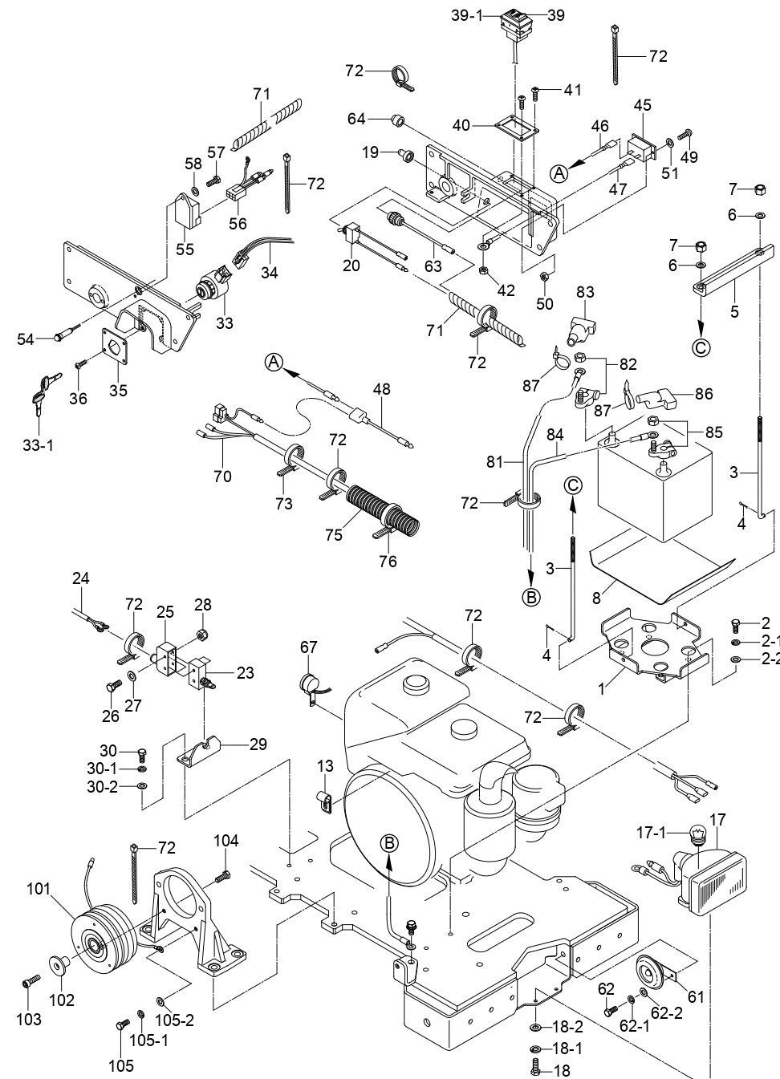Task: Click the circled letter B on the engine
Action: point(389,842)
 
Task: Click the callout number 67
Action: point(309,647)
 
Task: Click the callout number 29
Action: point(258,744)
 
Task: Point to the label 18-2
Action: point(567,1028)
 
